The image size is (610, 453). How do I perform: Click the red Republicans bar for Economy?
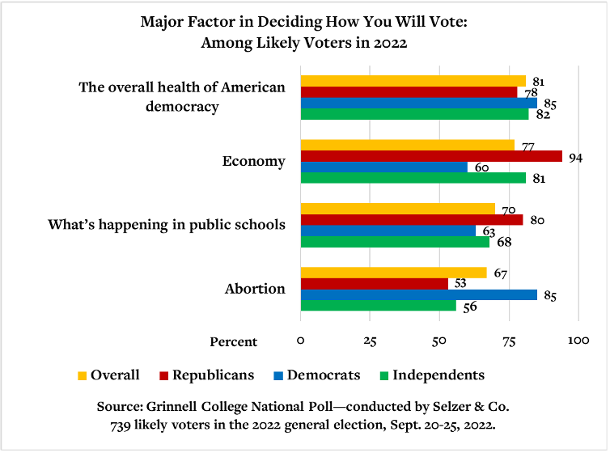[x=431, y=156]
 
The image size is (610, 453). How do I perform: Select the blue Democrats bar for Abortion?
[x=418, y=294]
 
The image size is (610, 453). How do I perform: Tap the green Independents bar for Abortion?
[x=379, y=306]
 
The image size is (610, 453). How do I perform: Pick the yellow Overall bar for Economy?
[x=408, y=145]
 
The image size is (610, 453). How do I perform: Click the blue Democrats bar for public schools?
[x=388, y=231]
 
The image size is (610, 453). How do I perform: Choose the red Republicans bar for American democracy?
[x=409, y=92]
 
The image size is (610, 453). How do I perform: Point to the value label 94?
[x=575, y=157]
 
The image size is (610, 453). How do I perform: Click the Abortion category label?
[x=255, y=289]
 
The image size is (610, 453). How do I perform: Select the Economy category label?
[x=254, y=161]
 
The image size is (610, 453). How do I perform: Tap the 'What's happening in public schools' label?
[x=166, y=223]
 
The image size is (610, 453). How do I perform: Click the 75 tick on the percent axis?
[x=509, y=341]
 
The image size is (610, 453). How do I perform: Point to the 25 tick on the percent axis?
[x=370, y=341]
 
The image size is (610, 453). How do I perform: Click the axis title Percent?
[x=234, y=341]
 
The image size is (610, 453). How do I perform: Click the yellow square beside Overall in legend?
[x=82, y=375]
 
